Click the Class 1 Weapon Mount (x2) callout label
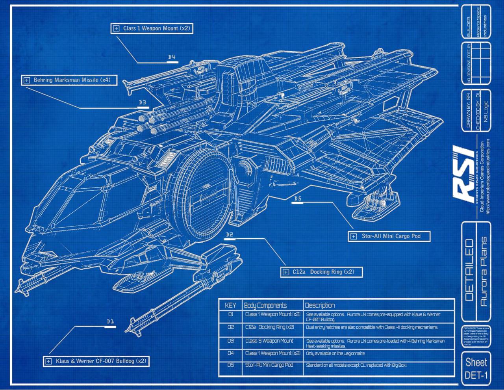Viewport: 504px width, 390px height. (x=152, y=29)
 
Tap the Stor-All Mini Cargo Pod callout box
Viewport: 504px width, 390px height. (x=389, y=236)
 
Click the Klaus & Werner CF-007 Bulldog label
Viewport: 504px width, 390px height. (x=96, y=361)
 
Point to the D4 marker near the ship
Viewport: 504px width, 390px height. (x=172, y=58)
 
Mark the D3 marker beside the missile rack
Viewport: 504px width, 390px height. (x=143, y=103)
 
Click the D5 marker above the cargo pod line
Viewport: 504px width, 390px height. (x=297, y=199)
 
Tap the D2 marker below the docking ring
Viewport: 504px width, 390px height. (x=230, y=235)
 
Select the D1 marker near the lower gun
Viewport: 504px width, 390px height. (x=110, y=322)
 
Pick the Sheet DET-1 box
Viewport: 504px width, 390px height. (x=476, y=368)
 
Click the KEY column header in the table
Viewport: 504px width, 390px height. (x=230, y=305)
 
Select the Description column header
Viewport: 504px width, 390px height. (x=320, y=305)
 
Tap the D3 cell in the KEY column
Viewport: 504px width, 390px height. (x=231, y=341)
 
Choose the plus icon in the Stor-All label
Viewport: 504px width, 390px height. (x=353, y=237)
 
